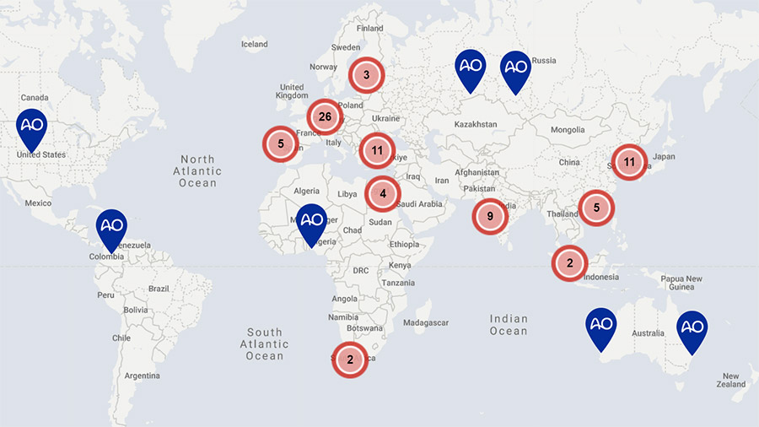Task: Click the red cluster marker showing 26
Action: pos(325,116)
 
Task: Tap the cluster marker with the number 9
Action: pos(490,216)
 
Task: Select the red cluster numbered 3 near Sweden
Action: pos(366,75)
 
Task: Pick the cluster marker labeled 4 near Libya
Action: pos(383,193)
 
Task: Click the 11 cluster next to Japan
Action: pos(629,161)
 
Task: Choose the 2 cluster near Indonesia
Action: pos(569,263)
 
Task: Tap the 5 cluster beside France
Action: pos(281,143)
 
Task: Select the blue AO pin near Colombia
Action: pos(111,226)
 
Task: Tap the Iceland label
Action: pos(254,45)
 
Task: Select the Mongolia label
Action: pos(567,130)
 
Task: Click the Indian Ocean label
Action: pos(509,325)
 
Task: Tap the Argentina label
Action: pos(142,375)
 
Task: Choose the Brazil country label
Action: pos(159,289)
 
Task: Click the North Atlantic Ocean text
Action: pos(197,170)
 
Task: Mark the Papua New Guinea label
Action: pos(681,284)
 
